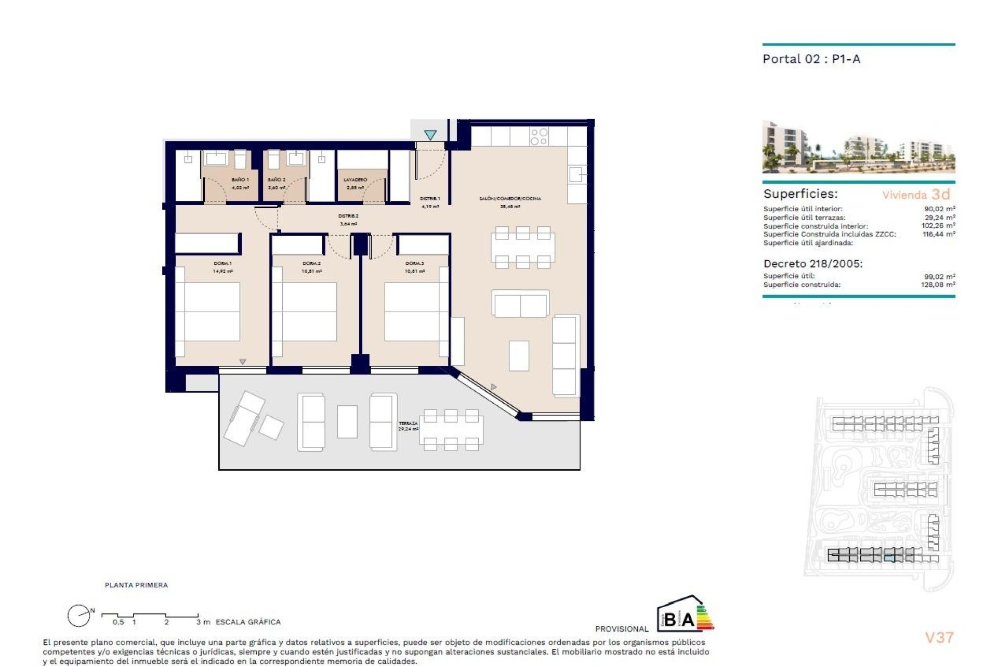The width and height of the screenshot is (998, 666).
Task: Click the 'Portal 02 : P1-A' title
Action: click(811, 59)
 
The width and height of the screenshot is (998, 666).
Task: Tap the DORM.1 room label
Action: click(222, 263)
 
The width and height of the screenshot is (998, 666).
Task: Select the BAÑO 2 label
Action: click(277, 180)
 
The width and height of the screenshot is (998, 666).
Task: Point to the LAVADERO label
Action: click(356, 180)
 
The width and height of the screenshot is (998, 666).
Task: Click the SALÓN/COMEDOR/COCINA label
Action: click(510, 198)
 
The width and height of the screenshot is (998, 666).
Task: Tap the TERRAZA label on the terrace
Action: click(409, 424)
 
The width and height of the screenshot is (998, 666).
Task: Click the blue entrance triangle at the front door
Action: click(430, 135)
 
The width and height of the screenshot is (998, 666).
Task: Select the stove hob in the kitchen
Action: click(539, 137)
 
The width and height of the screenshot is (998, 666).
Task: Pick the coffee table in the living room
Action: click(519, 355)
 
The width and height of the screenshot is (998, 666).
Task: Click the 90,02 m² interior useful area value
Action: click(939, 209)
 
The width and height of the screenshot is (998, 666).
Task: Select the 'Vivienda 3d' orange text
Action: click(916, 195)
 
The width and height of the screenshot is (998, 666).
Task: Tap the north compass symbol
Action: click(79, 616)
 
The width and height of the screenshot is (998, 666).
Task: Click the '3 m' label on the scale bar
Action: click(203, 622)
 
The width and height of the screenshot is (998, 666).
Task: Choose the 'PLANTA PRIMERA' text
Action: click(136, 585)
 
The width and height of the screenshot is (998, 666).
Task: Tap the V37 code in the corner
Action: click(939, 637)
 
